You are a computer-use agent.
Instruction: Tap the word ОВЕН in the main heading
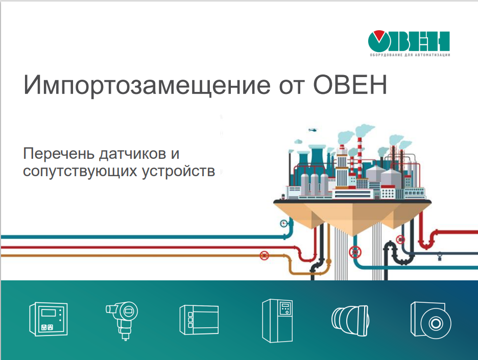350,84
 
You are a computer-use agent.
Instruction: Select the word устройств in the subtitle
178,171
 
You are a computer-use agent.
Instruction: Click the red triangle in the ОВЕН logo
379,35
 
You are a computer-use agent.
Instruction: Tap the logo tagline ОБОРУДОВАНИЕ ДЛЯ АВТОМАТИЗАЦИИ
410,55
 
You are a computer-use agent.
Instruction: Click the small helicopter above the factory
313,130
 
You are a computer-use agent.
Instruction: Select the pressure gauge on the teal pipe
284,224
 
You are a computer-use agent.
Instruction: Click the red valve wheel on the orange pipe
265,255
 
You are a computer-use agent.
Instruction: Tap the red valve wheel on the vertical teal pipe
355,252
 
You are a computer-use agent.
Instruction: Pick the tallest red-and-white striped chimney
360,158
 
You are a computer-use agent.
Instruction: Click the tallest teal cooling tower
317,158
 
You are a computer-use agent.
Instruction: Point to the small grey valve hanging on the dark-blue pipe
440,256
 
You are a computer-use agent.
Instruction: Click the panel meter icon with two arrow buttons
49,319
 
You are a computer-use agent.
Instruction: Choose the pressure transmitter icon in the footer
122,320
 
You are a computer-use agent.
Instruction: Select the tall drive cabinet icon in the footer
277,320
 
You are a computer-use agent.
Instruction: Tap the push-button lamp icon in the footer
350,321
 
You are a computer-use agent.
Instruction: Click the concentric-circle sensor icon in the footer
431,320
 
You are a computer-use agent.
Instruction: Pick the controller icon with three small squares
199,320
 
